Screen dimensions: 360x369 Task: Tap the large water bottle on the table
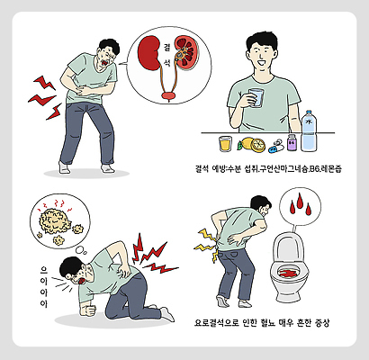309,130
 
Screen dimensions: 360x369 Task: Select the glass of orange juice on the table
225,143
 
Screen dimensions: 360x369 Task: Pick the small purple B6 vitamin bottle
291,142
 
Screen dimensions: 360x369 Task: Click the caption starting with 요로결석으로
261,320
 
